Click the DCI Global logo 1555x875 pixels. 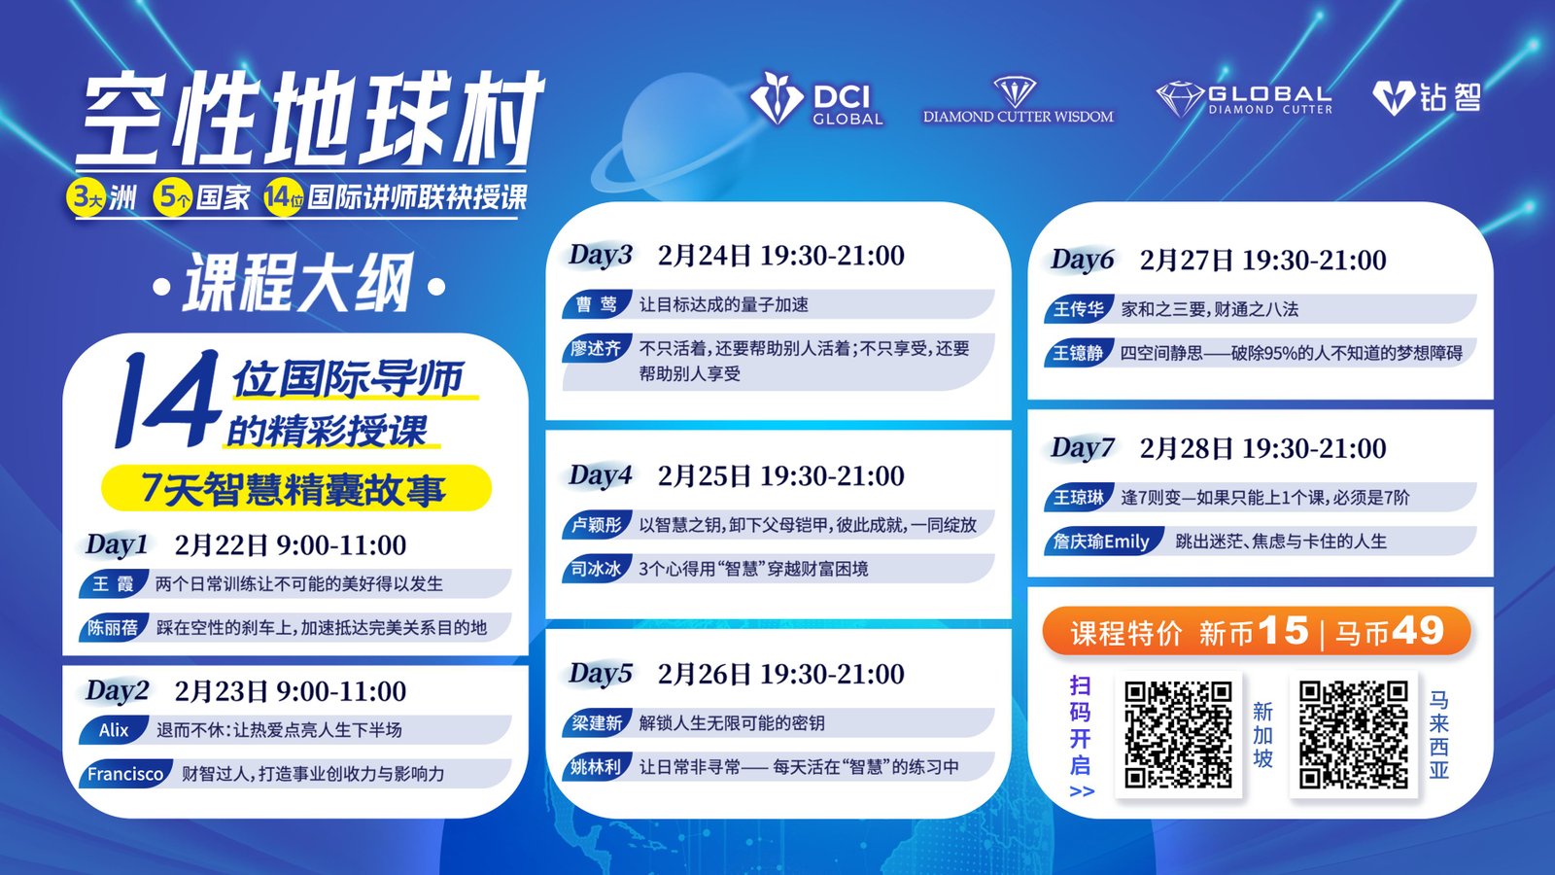click(816, 99)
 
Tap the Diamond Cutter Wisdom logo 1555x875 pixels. click(1018, 101)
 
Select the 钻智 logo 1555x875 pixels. click(1427, 98)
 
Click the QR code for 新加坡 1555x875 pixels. click(1178, 734)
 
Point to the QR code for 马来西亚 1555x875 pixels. click(1353, 734)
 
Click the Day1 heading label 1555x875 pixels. click(117, 545)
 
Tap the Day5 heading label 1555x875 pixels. click(601, 674)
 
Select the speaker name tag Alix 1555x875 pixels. click(114, 730)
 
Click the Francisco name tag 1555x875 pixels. click(125, 774)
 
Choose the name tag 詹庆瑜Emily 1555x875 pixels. click(1103, 541)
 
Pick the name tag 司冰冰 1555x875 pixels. click(597, 569)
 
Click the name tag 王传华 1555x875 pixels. click(1079, 309)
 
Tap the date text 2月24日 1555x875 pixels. click(705, 256)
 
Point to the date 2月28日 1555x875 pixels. click(1187, 448)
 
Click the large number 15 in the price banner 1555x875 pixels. click(1283, 631)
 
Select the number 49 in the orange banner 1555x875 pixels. click(1418, 631)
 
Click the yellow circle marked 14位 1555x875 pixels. click(283, 198)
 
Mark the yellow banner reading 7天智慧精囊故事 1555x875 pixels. click(296, 488)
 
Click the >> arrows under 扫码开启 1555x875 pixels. click(1082, 791)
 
